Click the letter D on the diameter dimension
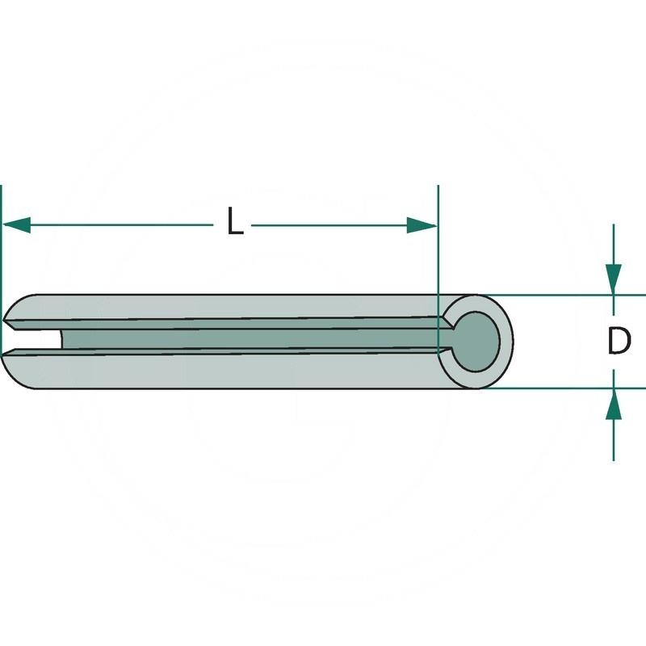619,342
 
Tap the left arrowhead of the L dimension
16,225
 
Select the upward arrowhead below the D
614,404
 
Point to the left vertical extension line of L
2,242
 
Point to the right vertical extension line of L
438,242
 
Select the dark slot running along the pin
242,339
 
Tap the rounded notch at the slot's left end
58,340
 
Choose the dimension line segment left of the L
121,225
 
